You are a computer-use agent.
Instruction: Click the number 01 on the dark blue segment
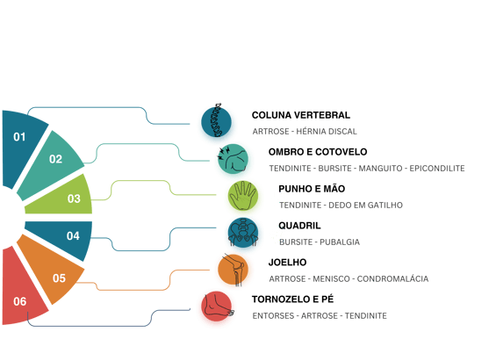pos(19,137)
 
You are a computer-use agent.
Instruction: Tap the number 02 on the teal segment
pos(55,159)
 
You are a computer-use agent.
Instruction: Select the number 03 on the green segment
pos(74,199)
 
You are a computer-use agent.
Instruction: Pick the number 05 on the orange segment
pos(59,278)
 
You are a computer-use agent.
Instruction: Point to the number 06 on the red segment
pos(20,301)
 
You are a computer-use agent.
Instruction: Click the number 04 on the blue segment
pos(73,235)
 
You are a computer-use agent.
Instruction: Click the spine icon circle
pos(216,122)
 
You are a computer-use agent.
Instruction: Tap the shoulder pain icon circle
pos(234,159)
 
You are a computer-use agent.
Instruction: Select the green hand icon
pos(243,196)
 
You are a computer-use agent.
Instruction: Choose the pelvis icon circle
pos(243,233)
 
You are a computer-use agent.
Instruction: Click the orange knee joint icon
pos(234,270)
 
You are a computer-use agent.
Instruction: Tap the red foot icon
pos(217,307)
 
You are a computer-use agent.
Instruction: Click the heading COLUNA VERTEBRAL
pos(301,115)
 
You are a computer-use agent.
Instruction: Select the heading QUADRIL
pos(299,226)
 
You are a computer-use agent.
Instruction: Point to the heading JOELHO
pos(287,263)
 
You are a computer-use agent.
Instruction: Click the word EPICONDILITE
pos(437,169)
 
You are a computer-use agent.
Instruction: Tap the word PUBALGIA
pos(340,242)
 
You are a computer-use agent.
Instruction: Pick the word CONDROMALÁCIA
pos(392,278)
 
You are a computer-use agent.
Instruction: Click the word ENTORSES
pos(273,315)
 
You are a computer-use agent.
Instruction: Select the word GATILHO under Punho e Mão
pos(385,205)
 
